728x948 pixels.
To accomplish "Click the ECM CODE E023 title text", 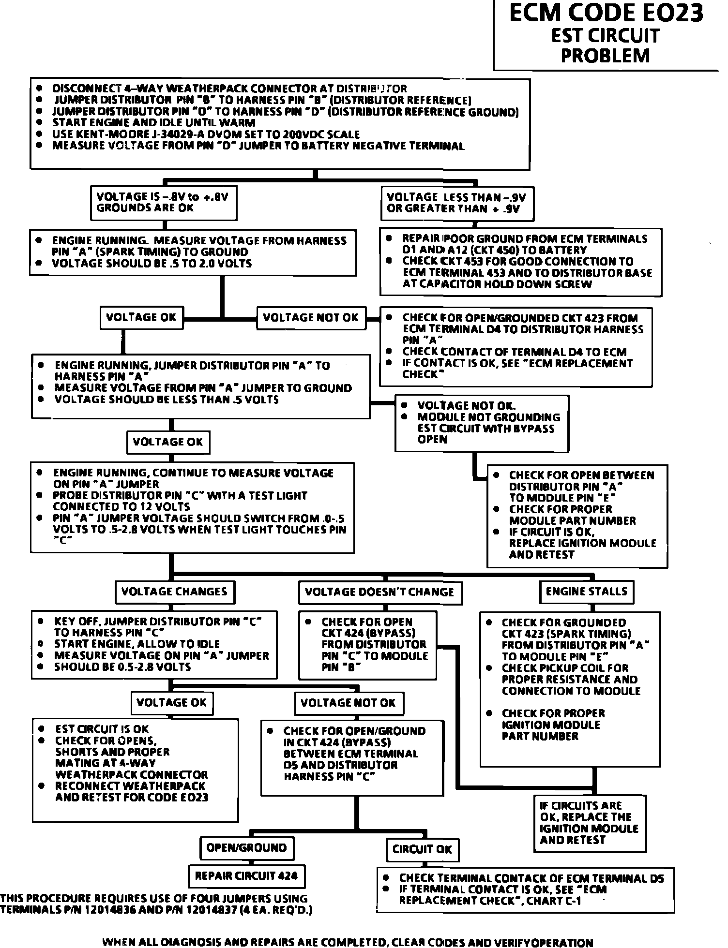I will pos(606,14).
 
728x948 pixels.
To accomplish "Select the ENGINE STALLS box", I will pos(586,592).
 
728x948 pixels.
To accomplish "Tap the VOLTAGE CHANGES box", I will pos(174,592).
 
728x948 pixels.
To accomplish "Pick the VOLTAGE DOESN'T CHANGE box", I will pos(379,592).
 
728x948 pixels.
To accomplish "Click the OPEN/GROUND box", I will pos(246,848).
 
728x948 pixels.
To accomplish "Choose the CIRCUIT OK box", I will pos(422,849).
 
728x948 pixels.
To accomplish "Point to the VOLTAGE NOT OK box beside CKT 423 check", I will pos(311,318).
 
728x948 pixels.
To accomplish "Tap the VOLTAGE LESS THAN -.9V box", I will pos(456,203).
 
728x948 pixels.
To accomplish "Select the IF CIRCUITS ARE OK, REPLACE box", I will pos(590,823).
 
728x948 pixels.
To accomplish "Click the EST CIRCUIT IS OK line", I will pos(102,729).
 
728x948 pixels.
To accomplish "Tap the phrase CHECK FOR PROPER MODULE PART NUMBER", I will pos(572,515).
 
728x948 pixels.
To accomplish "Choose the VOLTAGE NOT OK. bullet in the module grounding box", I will pos(466,406).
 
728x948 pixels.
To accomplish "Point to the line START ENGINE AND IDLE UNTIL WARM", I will pos(153,123).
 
